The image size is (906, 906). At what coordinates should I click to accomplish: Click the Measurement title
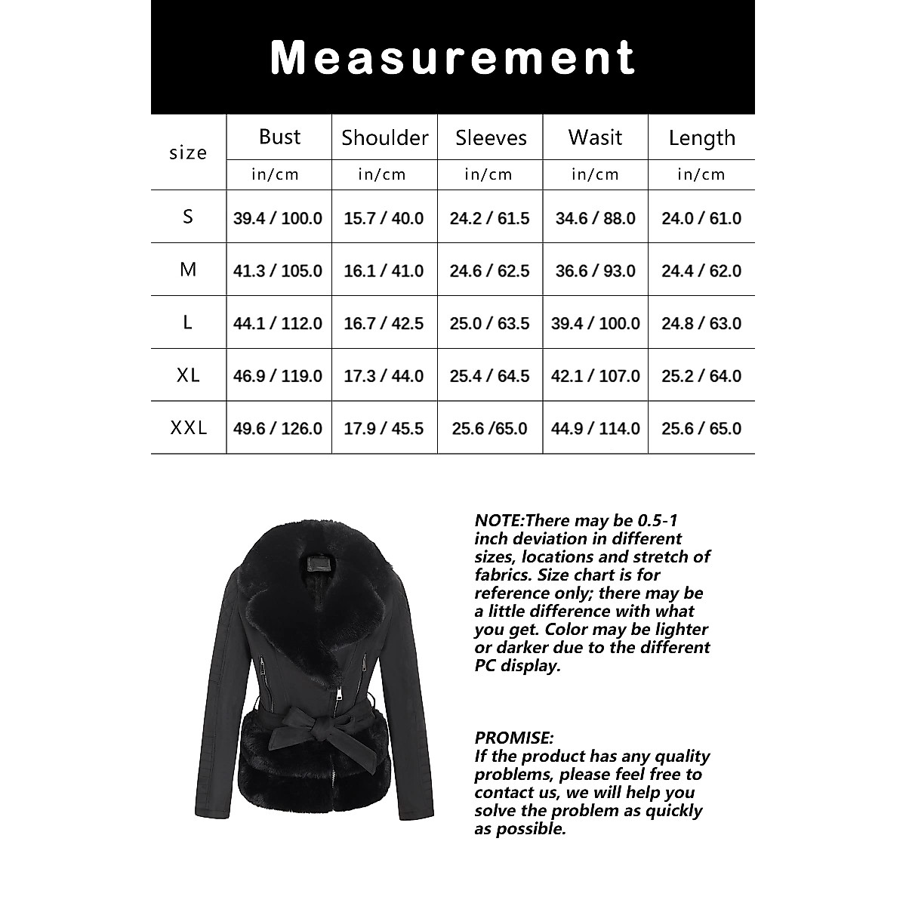452,57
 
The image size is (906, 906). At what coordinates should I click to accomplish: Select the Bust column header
279,137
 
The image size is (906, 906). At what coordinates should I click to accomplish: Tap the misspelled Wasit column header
595,137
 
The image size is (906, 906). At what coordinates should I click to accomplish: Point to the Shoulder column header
384,137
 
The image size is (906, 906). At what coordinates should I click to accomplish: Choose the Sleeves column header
491,138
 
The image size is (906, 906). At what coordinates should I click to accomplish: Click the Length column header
701,138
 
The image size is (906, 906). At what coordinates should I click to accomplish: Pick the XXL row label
188,428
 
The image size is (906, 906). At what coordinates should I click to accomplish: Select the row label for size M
188,270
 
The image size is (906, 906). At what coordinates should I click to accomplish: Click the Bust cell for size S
278,218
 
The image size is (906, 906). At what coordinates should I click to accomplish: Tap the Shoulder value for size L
384,323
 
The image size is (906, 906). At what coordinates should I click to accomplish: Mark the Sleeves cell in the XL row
489,376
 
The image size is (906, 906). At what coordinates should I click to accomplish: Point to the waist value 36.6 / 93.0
595,270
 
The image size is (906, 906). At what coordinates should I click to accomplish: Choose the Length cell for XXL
701,428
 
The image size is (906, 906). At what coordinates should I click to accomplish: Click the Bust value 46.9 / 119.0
278,376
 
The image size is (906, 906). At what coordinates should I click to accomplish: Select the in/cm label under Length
701,174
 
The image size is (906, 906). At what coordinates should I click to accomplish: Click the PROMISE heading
514,738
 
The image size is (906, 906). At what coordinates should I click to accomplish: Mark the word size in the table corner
188,153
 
